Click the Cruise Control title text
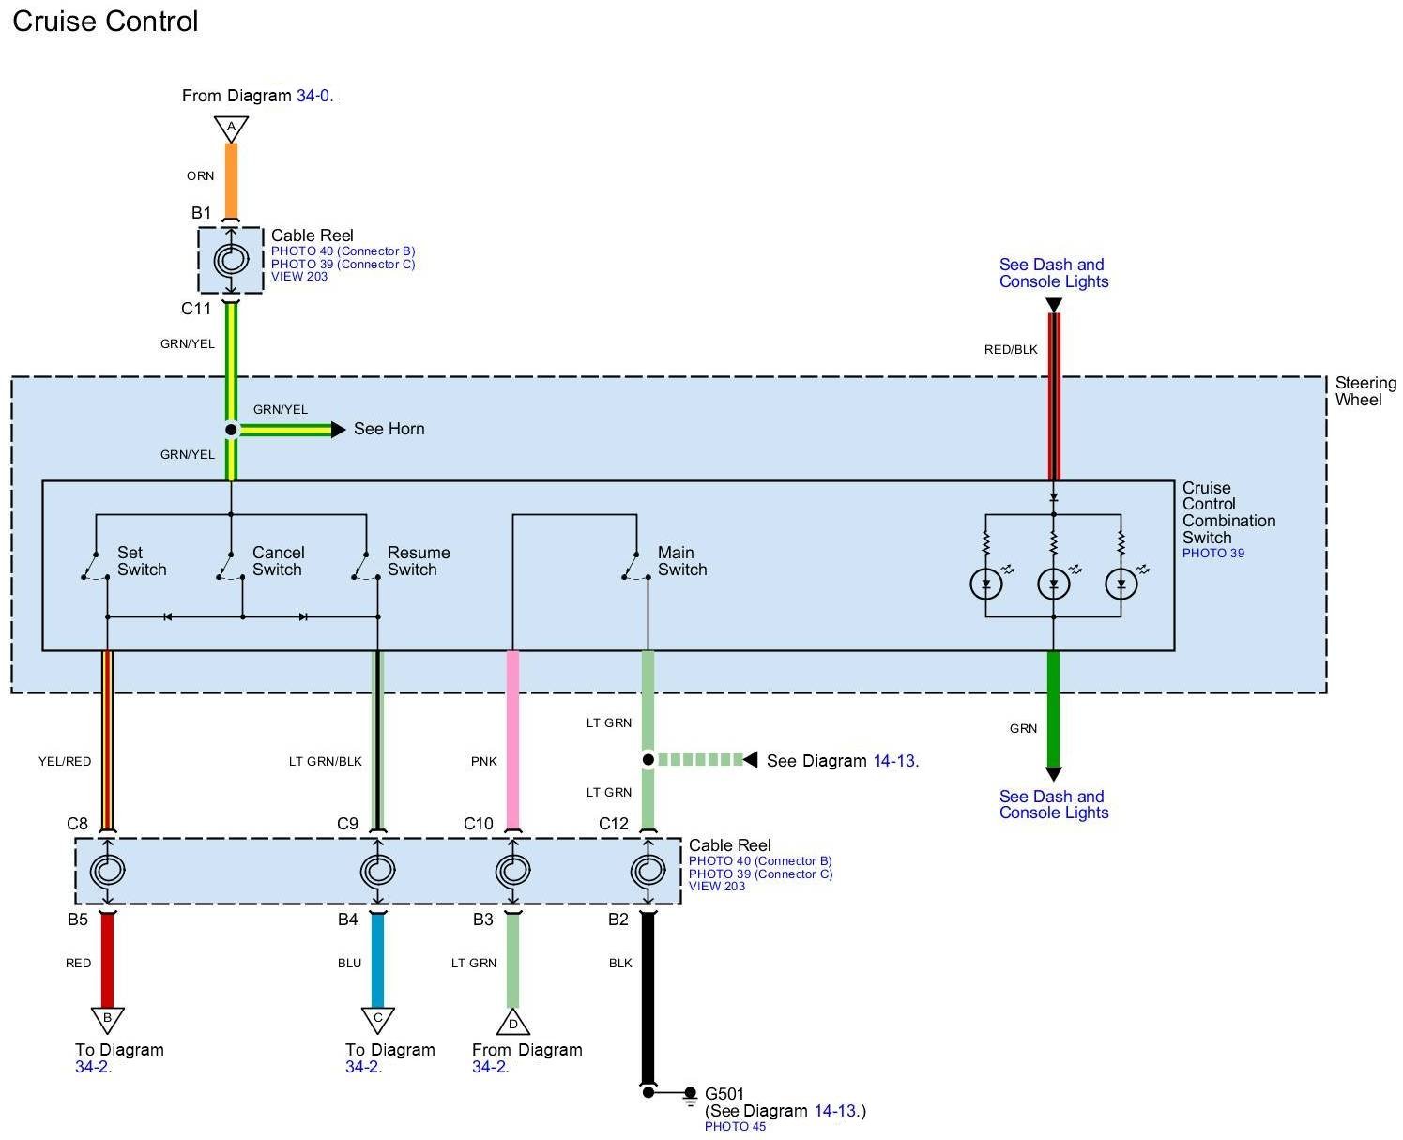[105, 22]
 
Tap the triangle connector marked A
[231, 128]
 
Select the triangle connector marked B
[107, 1018]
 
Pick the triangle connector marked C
[377, 1018]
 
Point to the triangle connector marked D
[512, 1022]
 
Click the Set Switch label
[142, 561]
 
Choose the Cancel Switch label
[278, 561]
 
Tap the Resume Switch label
[418, 561]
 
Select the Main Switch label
[681, 561]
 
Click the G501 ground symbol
[691, 1094]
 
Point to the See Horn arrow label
[389, 429]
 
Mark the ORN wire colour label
[200, 175]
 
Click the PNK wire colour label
[484, 761]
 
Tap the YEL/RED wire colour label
[65, 761]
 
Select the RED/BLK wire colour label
[1011, 349]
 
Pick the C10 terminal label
[478, 824]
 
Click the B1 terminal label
[202, 213]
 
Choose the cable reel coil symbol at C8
[107, 872]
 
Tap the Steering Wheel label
[1365, 391]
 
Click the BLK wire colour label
[620, 963]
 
